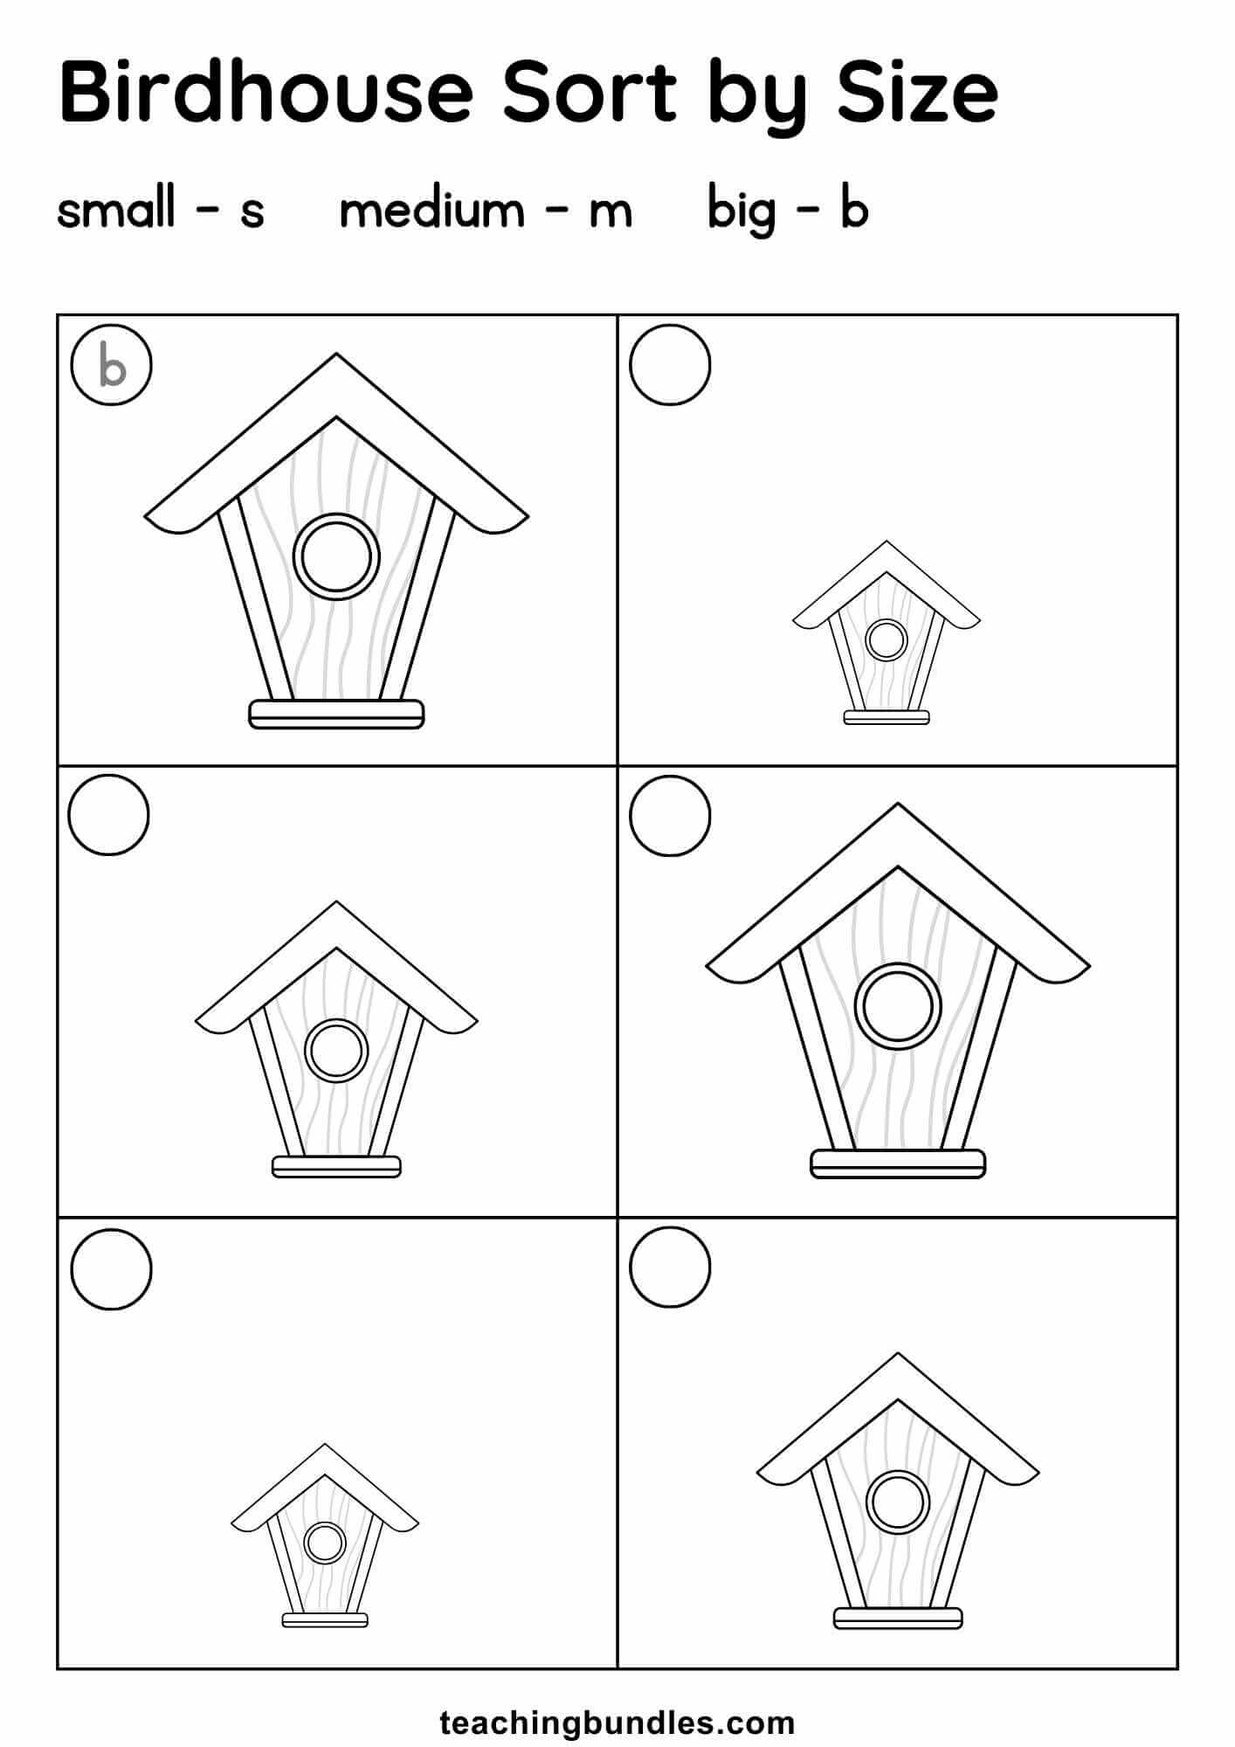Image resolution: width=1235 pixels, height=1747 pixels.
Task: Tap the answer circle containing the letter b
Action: (112, 365)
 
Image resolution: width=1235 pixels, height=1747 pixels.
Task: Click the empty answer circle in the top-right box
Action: (670, 365)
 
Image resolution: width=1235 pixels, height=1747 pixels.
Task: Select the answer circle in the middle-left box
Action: (109, 815)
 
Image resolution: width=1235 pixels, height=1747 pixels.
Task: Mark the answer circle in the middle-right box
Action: (670, 815)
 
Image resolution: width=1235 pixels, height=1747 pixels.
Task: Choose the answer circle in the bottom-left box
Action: (111, 1268)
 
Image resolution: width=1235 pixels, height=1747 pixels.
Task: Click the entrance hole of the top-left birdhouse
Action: (336, 556)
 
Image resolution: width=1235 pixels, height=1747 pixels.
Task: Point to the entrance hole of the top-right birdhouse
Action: (887, 639)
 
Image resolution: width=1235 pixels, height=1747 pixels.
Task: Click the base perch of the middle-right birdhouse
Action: (898, 1164)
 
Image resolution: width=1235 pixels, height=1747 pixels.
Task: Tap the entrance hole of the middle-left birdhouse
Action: (336, 1050)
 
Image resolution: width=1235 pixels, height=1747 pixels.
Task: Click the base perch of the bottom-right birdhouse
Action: (898, 1618)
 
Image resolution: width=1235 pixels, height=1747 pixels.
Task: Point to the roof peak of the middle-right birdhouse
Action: (898, 804)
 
